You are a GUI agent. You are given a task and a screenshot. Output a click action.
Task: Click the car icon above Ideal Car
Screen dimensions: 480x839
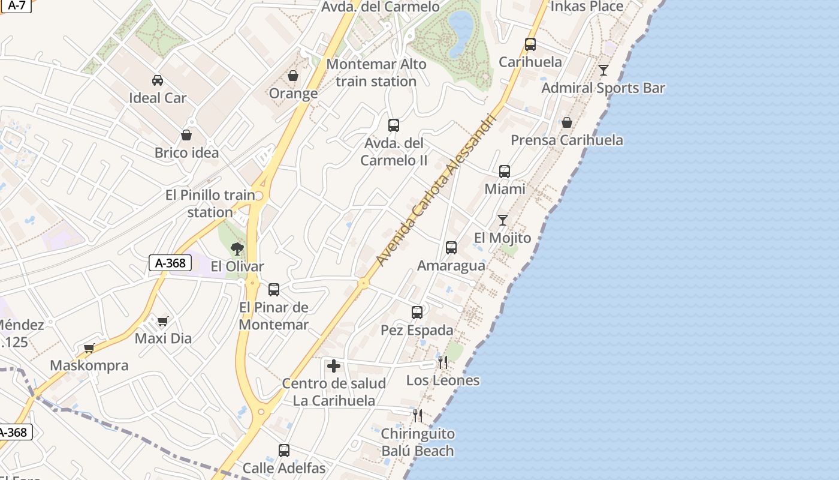tap(158, 80)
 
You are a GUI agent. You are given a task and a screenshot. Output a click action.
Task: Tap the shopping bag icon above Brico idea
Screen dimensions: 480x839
tap(186, 135)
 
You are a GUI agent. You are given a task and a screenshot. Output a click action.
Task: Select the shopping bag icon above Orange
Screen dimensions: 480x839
tap(293, 76)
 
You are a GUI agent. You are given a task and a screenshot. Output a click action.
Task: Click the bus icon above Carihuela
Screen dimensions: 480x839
tap(530, 44)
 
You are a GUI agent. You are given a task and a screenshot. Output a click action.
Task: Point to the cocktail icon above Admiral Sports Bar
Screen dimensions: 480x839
tap(603, 70)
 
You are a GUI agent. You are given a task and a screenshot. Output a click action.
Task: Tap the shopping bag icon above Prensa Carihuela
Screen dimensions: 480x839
tap(566, 122)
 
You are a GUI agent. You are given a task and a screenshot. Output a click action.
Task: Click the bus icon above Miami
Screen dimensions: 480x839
tap(505, 172)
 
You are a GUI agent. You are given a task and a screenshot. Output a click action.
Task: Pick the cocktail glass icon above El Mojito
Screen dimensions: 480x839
tap(503, 220)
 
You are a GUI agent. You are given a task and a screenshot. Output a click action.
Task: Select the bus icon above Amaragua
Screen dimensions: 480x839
tap(451, 248)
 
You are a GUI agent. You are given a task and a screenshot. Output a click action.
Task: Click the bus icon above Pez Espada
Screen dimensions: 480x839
tap(417, 313)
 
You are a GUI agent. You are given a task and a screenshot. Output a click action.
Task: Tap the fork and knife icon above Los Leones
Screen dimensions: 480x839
tap(443, 362)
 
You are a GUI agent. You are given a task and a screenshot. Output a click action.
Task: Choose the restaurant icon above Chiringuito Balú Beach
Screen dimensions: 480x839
tap(418, 415)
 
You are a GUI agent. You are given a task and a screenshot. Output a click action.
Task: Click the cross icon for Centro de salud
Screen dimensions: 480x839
tap(334, 366)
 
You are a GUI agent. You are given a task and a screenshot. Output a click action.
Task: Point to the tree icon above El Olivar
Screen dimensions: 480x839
tap(237, 248)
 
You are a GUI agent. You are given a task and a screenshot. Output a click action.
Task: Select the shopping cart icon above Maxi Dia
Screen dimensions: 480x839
tap(162, 321)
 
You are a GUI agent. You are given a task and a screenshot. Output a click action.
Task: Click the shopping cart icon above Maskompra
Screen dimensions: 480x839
tap(89, 348)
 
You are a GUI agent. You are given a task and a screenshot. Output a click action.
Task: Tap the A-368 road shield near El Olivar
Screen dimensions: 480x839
tap(170, 263)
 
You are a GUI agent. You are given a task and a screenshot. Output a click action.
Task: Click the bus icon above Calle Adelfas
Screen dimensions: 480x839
tap(284, 451)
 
